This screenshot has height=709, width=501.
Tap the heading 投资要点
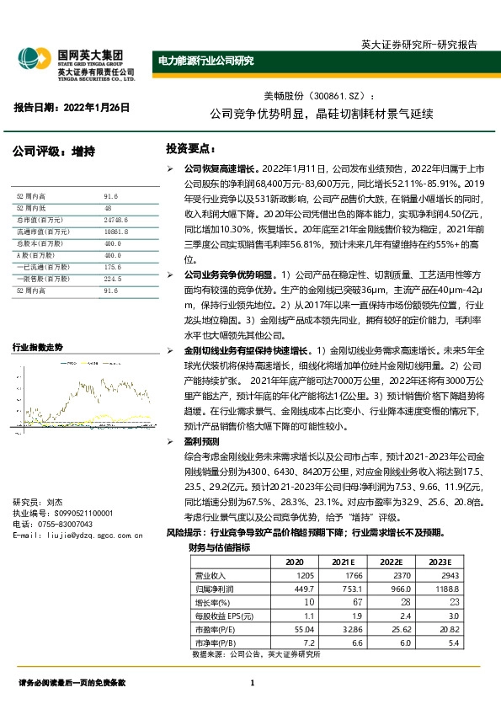190,149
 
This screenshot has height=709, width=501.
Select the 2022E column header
392,562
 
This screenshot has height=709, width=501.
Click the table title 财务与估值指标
220,546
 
